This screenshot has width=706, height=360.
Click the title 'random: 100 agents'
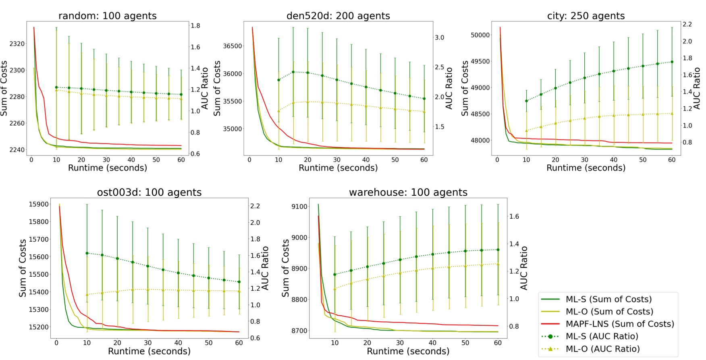107,16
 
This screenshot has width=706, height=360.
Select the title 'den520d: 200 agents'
338,16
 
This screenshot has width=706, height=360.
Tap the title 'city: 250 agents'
586,16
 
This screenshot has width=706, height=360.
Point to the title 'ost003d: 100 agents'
149,192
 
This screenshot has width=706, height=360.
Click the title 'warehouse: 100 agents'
408,192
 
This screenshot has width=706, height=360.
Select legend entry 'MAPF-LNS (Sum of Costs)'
619,324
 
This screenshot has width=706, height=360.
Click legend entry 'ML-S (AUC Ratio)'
602,336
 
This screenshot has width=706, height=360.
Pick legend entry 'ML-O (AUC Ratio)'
602,349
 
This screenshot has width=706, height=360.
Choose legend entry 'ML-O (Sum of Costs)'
609,311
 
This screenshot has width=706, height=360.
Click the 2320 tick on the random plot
17,43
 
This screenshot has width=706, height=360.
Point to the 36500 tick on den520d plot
233,46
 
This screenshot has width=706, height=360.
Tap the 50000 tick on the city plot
480,35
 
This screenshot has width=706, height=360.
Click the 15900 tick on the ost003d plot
39,204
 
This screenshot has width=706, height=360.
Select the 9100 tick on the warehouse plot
299,207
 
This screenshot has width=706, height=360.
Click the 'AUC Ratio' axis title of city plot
697,88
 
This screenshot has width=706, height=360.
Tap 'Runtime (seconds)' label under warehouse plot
408,351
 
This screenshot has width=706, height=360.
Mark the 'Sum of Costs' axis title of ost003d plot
23,268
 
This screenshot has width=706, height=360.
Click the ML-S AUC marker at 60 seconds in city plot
672,62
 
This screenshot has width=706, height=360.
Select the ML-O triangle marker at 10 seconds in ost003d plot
87,295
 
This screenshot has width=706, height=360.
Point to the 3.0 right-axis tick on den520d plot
439,37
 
